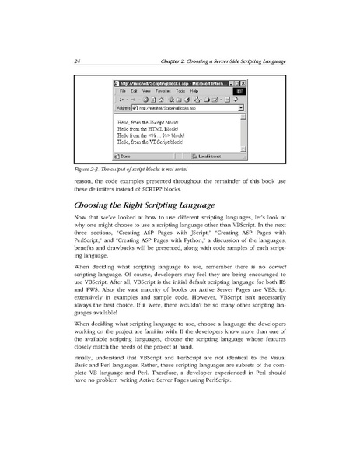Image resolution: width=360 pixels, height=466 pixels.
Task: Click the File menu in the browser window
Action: coord(122,91)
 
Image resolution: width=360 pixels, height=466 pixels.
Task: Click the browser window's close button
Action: coord(243,82)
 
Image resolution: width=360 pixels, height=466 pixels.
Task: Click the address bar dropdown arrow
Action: coord(241,109)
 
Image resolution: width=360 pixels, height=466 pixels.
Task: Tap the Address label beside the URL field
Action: coord(123,109)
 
